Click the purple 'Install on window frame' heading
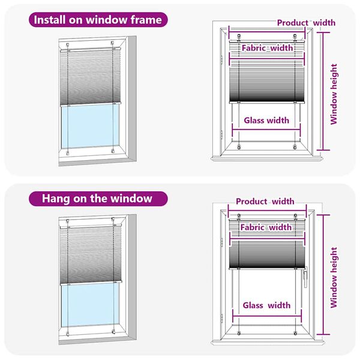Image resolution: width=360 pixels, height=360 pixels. click(98, 20)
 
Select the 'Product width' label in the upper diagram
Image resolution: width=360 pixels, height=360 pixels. click(306, 23)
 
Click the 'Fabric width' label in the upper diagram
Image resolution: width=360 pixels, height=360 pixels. click(266, 47)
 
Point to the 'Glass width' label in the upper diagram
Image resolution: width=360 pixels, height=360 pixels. click(266, 120)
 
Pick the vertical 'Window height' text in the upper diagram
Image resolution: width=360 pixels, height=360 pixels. click(334, 94)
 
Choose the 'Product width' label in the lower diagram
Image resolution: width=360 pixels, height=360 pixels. click(265, 201)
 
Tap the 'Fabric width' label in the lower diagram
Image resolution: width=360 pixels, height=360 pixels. click(266, 227)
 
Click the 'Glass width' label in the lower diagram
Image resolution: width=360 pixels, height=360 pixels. click(266, 305)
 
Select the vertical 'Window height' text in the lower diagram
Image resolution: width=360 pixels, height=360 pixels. click(334, 277)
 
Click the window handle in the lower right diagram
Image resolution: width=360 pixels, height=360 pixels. click(305, 277)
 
